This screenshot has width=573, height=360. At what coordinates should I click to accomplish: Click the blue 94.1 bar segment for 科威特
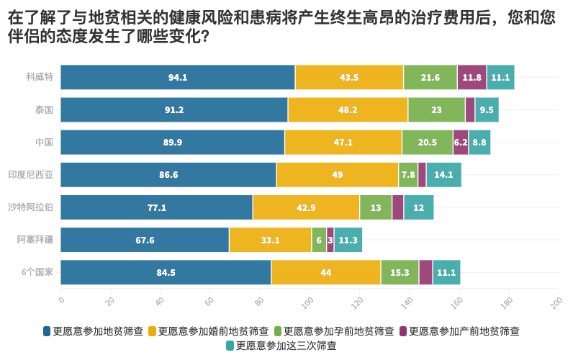pyautogui.click(x=178, y=77)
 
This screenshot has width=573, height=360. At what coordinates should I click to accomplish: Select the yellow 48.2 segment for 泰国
pyautogui.click(x=348, y=110)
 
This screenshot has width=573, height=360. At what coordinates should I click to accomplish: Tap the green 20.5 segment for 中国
pyautogui.click(x=427, y=143)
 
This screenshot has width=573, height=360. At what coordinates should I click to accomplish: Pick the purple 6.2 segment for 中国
pyautogui.click(x=461, y=143)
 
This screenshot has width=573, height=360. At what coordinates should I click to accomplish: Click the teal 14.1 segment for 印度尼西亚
pyautogui.click(x=443, y=175)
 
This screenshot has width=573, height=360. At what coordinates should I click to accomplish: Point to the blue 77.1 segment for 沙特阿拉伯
pyautogui.click(x=156, y=207)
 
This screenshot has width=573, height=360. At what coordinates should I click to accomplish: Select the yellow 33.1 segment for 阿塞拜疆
pyautogui.click(x=270, y=240)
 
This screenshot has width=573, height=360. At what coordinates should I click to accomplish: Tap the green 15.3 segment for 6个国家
pyautogui.click(x=400, y=272)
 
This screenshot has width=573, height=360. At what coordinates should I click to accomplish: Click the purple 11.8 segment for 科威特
pyautogui.click(x=472, y=77)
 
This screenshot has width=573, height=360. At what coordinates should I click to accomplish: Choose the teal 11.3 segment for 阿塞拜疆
pyautogui.click(x=348, y=240)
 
